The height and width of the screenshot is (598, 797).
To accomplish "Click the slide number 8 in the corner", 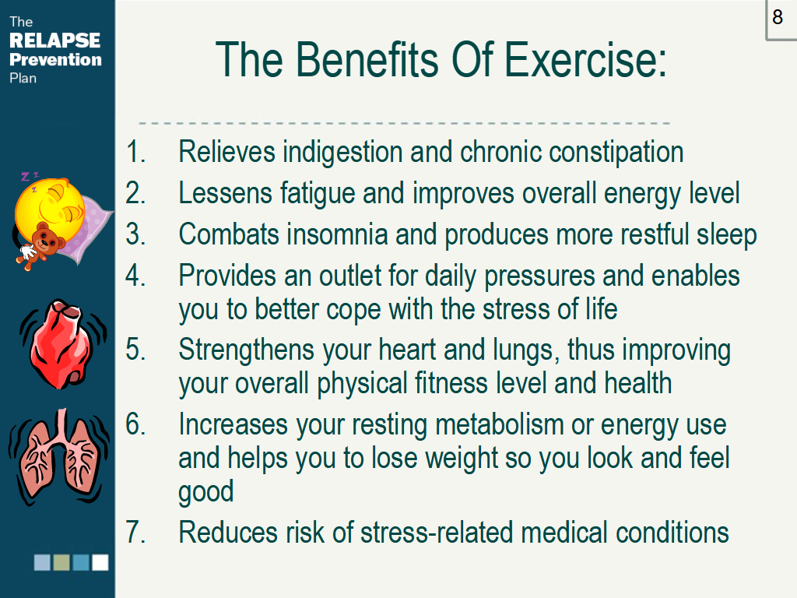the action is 778,17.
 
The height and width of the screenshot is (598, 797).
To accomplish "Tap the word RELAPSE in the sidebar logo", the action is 55,40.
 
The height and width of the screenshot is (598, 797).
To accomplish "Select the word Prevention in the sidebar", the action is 55,59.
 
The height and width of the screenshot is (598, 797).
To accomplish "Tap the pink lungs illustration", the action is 59,456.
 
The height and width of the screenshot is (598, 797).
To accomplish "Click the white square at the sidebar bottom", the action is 100,562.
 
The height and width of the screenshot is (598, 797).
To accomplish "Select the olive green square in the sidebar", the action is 61,562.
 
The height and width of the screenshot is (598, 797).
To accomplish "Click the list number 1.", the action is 135,152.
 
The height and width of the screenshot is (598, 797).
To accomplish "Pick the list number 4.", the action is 135,276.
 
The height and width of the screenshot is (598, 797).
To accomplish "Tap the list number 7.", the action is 135,533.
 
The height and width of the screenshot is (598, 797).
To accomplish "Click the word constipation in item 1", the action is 616,153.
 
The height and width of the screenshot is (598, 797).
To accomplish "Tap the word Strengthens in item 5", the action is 246,351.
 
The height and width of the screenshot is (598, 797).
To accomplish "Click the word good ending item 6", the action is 205,492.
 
